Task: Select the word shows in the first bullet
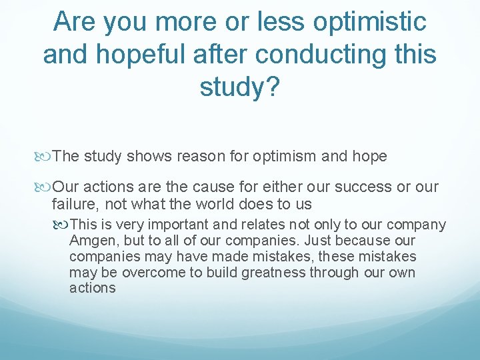click(x=151, y=157)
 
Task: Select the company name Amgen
click(x=91, y=241)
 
